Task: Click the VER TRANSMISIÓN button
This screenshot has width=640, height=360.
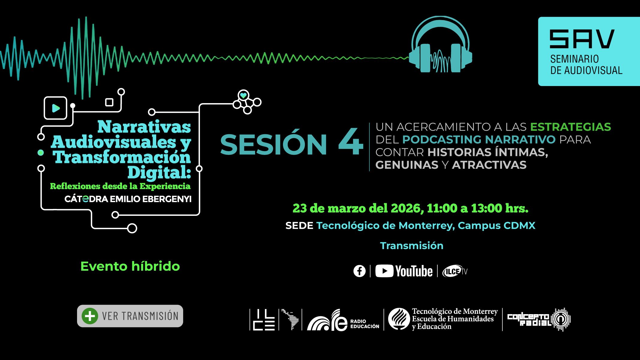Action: pos(130,316)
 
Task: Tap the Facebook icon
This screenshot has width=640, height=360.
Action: pos(359,271)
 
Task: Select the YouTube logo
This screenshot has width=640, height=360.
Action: pos(404,271)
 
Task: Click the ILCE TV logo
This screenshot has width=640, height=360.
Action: pos(455,271)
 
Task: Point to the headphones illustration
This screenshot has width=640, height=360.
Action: pos(440,44)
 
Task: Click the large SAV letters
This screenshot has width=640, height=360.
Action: pos(582,39)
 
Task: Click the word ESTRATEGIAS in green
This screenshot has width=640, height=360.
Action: pos(570,127)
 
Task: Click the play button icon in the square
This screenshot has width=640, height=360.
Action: pos(56,108)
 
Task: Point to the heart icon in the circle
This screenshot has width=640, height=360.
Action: pos(243,96)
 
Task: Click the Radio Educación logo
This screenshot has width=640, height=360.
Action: pos(343,320)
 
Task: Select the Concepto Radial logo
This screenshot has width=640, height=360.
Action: pos(539,320)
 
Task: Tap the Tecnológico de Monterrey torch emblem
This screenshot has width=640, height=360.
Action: pos(399,319)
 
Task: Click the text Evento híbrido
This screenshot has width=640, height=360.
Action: pos(130,266)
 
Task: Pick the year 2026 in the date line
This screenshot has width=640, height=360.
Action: pos(407,208)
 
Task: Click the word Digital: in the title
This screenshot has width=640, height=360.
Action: pos(159,172)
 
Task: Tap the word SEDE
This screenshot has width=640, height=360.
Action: pos(299,225)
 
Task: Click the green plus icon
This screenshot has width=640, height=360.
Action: pos(90,316)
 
